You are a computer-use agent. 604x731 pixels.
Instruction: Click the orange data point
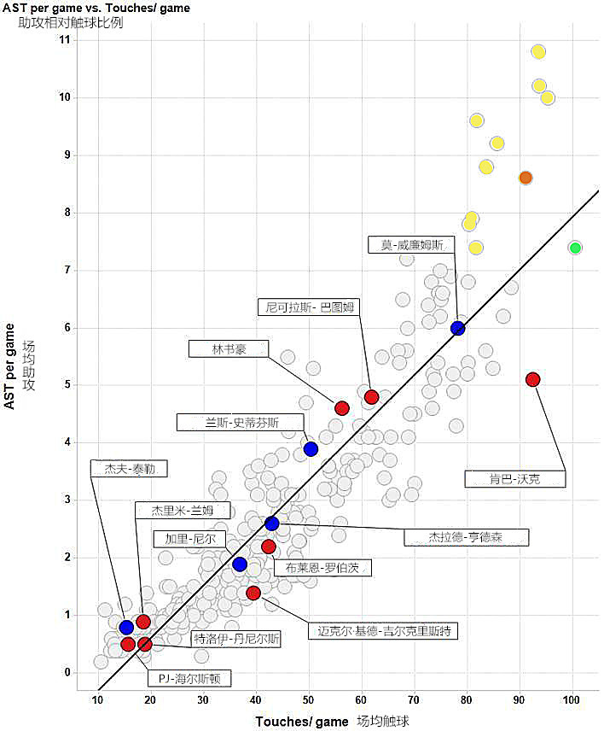click(526, 178)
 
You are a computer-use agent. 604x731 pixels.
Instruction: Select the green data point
click(575, 248)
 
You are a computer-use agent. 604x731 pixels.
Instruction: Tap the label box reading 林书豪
click(229, 348)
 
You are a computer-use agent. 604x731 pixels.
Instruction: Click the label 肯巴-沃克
click(515, 478)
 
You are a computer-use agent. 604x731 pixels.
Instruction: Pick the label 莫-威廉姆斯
click(412, 245)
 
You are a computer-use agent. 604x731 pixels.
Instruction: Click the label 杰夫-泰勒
click(129, 468)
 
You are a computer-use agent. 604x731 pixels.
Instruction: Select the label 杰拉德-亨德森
click(466, 537)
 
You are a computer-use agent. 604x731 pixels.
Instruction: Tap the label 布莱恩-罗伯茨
click(322, 567)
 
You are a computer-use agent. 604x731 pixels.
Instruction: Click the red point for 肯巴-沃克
click(533, 379)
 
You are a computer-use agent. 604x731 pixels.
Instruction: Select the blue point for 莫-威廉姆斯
click(458, 328)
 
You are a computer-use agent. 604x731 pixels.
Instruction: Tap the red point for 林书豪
click(342, 408)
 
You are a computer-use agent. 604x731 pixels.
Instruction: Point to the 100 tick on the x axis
click(572, 700)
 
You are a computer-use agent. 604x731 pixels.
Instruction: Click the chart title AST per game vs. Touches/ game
click(96, 8)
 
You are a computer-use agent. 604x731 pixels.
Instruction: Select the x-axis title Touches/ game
click(303, 722)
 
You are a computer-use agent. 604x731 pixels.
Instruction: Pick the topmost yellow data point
click(538, 52)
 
